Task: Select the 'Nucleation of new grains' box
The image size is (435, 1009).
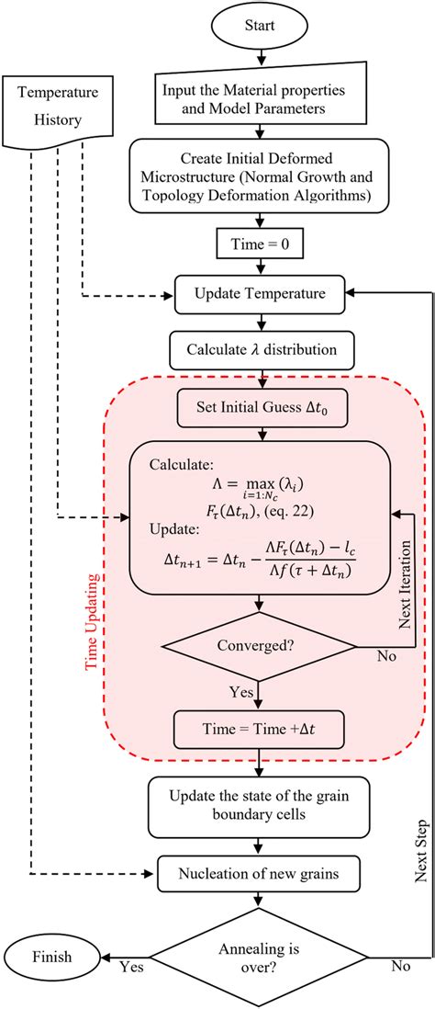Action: [x=262, y=890]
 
